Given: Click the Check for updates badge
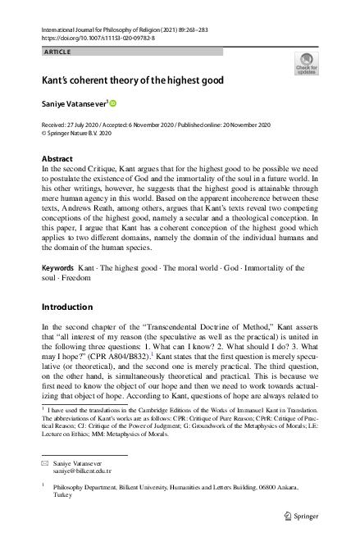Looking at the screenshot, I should coord(306,63).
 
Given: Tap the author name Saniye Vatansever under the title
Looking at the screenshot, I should coord(74,104).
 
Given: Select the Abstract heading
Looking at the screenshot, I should coord(57,158).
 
